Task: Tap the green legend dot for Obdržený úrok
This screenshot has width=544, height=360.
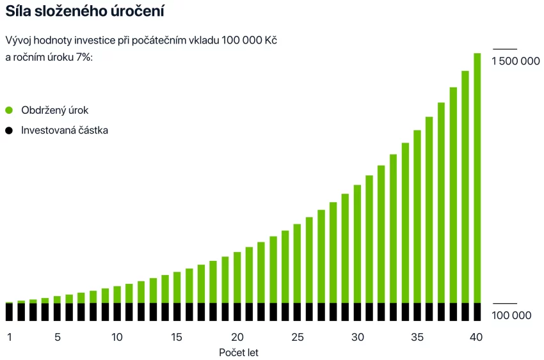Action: pos(9,110)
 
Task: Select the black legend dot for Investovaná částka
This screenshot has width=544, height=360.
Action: pos(9,130)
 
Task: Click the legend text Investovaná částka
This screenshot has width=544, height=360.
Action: pos(65,130)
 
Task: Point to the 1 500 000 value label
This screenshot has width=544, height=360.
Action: pos(516,61)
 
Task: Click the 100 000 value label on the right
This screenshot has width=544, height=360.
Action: pos(511,315)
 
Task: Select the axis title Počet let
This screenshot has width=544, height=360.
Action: pos(239,352)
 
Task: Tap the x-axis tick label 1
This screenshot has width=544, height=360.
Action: pos(9,337)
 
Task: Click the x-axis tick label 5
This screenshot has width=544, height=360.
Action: pos(57,337)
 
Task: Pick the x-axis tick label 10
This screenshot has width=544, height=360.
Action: pos(117,337)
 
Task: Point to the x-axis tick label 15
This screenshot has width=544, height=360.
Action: pos(177,337)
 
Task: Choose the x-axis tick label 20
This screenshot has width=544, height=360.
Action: pos(237,337)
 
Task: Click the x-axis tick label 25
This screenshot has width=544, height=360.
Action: pos(297,337)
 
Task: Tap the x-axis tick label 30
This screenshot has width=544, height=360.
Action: pos(357,337)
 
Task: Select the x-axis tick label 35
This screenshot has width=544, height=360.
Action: pos(417,337)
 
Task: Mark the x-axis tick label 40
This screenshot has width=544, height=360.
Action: pos(477,337)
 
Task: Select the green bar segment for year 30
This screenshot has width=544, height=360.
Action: pos(357,244)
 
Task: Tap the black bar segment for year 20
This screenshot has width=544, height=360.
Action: pos(237,311)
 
